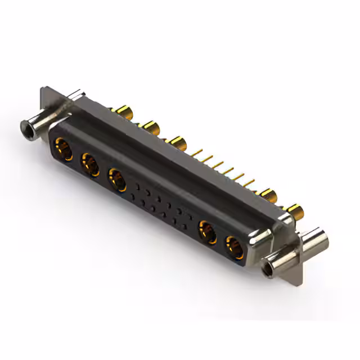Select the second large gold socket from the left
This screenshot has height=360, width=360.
click(x=90, y=165)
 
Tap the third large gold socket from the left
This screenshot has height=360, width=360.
click(x=118, y=180)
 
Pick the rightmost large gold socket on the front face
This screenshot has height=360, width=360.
click(x=235, y=247)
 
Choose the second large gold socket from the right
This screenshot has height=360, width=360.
click(x=208, y=232)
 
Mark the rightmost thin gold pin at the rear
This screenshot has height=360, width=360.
click(x=250, y=183)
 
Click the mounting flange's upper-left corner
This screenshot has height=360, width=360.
click(x=45, y=90)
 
